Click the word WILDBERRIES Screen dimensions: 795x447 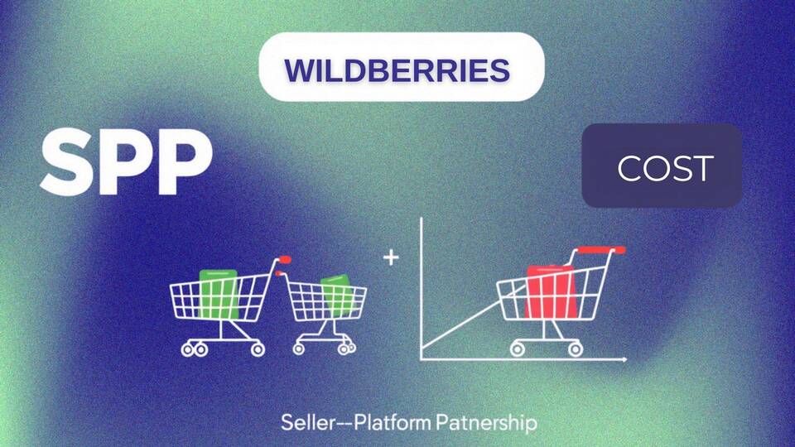(397, 70)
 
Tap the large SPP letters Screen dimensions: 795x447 (127, 162)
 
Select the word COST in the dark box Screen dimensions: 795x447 (665, 168)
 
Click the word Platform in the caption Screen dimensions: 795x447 (393, 422)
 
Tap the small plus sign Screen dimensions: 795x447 (391, 257)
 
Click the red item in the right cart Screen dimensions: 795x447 (552, 292)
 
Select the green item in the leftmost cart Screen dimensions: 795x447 (219, 294)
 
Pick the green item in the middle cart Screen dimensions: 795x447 (338, 296)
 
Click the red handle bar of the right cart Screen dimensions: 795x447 (602, 249)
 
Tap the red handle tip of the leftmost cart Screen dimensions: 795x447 (284, 259)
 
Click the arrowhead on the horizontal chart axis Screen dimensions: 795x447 (624, 359)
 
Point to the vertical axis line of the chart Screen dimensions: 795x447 (422, 289)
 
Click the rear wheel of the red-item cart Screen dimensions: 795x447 (518, 349)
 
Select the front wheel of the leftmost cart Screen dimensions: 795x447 (258, 348)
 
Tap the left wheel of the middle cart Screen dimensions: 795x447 (299, 348)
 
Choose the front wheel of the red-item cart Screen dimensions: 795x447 (575, 349)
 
